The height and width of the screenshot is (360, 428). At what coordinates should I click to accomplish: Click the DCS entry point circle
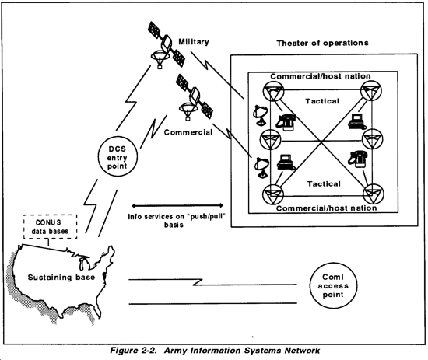[118, 137]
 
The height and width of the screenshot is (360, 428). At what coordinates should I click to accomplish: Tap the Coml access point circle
[333, 263]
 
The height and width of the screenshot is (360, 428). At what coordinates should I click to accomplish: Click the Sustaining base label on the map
[61, 278]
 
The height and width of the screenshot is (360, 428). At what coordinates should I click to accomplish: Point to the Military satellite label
[194, 42]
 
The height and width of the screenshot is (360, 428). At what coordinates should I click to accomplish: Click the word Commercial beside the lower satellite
[188, 132]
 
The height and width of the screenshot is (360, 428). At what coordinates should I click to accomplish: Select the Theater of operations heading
[322, 43]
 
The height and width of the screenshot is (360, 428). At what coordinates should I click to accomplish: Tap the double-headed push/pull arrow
[177, 205]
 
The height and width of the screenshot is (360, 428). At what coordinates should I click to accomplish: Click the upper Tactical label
[322, 101]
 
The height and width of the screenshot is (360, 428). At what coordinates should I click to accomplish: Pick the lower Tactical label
[324, 183]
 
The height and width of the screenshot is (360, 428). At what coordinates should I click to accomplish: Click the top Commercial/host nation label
[321, 76]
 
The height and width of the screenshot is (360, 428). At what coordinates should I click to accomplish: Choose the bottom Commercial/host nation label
[327, 208]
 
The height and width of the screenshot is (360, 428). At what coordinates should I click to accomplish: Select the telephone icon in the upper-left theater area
[286, 122]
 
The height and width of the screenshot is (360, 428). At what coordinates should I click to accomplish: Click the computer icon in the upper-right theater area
[357, 121]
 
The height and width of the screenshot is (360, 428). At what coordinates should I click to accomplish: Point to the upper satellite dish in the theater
[261, 115]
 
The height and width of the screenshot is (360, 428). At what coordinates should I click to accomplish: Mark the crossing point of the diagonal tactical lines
[322, 142]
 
